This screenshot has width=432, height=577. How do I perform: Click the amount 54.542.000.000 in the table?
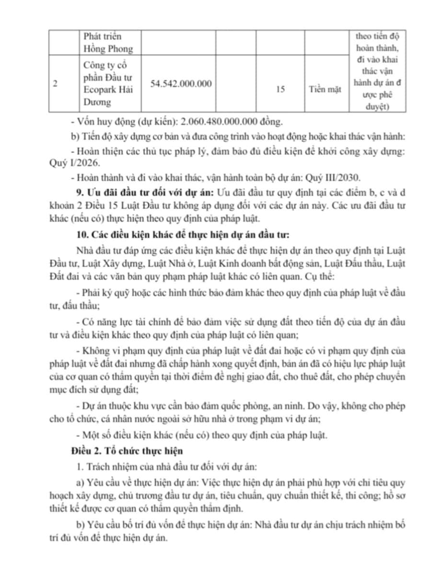pos(181,83)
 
